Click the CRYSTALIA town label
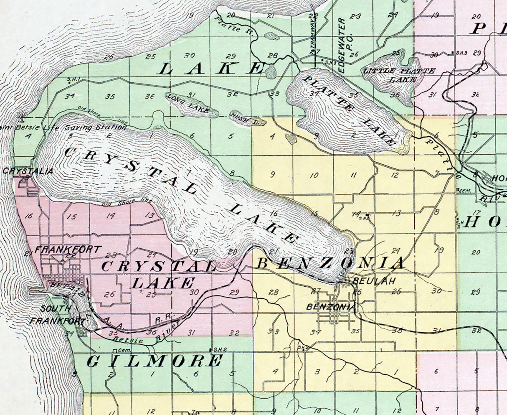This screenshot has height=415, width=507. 28,171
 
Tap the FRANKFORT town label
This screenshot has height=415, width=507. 68,250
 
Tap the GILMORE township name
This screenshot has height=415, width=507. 155,361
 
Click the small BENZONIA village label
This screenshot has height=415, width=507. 331,307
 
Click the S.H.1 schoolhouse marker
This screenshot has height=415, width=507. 69,79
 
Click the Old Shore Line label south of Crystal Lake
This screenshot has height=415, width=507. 128,202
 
